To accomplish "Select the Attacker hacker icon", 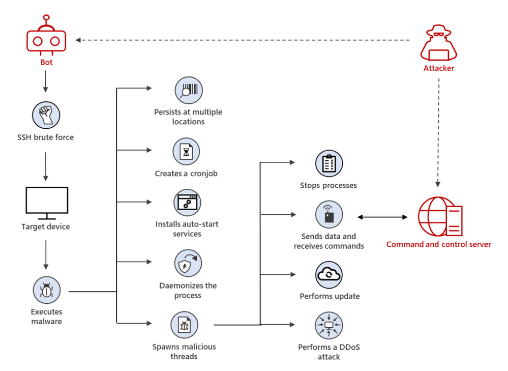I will [438, 45].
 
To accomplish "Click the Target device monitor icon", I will [46, 203].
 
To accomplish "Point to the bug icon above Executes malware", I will [46, 291].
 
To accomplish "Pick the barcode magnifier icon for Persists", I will [188, 91].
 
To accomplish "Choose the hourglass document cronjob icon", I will [186, 151].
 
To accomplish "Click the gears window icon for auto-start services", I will [187, 203].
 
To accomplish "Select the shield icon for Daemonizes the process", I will [188, 263].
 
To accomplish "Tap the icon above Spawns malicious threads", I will [184, 325].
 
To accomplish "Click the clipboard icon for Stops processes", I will [329, 164].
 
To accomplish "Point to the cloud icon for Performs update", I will [329, 275].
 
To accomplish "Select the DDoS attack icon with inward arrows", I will [329, 325].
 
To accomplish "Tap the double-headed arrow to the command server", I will [382, 217].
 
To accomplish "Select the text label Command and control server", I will [438, 244].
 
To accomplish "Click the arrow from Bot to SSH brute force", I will [46, 81].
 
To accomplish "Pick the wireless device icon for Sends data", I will [329, 214].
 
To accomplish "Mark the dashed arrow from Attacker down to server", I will [438, 132].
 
